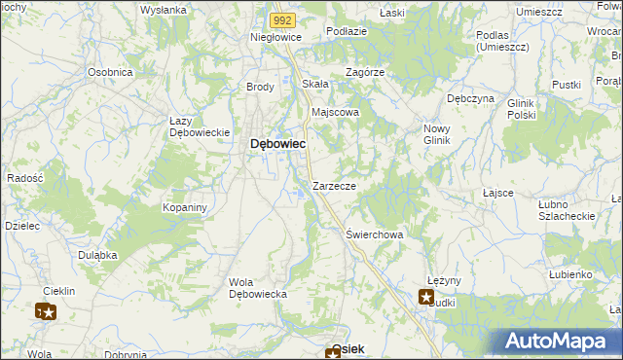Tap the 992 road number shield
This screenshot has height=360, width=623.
pos(281,18)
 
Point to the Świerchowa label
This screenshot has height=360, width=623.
pos(374,234)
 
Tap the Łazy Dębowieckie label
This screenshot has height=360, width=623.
pos(199,126)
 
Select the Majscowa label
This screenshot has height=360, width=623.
pos(335,112)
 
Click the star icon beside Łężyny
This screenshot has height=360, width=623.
pos(426,298)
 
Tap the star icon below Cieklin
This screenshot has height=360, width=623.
pos(46,312)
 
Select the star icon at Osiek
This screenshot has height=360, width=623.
pos(333,354)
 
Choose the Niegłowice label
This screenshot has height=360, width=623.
pos(276,37)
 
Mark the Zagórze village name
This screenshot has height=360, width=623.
pos(365,72)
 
